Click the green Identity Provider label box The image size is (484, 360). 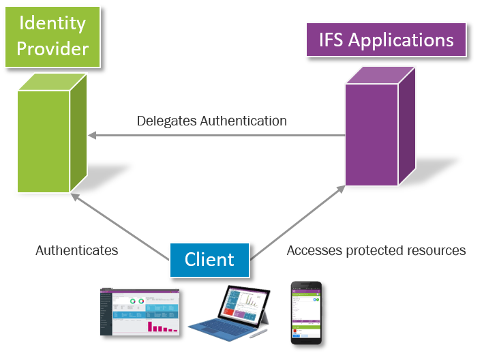52,35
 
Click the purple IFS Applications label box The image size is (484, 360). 387,40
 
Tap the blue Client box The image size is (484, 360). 209,259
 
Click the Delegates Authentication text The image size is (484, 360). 211,121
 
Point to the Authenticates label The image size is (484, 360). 77,250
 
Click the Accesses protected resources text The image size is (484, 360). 376,250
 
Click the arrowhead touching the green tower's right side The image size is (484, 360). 93,135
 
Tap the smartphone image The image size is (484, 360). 305,312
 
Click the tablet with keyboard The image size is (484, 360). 232,314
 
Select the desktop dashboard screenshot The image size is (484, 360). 140,310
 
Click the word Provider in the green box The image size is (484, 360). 52,48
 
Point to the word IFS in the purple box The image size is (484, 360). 333,40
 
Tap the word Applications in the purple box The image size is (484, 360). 403,40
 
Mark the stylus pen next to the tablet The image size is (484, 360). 258,333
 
